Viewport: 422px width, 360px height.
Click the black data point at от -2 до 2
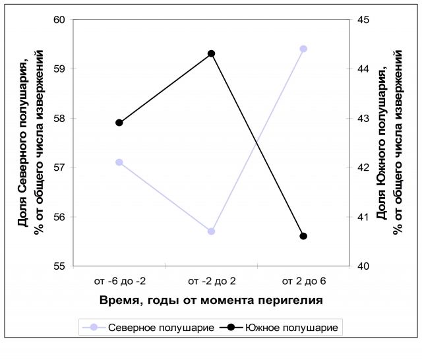pyautogui.click(x=211, y=53)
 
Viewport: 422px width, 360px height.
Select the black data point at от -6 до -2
pyautogui.click(x=119, y=123)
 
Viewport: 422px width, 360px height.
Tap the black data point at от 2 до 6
pyautogui.click(x=303, y=236)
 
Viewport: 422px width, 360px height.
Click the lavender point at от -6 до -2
pyautogui.click(x=119, y=162)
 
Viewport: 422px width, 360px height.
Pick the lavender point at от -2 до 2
pyautogui.click(x=211, y=231)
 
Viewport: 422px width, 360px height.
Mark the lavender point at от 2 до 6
pyautogui.click(x=303, y=49)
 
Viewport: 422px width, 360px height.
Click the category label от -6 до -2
pyautogui.click(x=119, y=282)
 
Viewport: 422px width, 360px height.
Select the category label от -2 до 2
pyautogui.click(x=212, y=282)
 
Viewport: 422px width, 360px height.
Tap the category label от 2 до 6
pyautogui.click(x=303, y=282)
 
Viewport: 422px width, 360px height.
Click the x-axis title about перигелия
pyautogui.click(x=211, y=301)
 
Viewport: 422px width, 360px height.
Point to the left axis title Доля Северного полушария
pyautogui.click(x=30, y=142)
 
